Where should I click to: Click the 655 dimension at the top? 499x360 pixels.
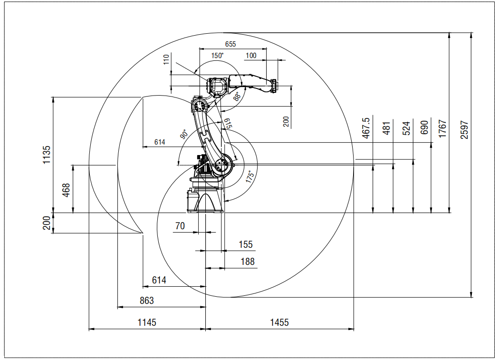(230, 44)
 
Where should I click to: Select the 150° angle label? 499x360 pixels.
(217, 55)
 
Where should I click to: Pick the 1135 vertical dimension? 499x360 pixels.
(47, 155)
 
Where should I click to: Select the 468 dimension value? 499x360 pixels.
(66, 191)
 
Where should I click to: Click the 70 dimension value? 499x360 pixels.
(180, 226)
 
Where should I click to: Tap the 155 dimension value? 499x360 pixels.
(246, 244)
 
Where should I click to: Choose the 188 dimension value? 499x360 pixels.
(247, 262)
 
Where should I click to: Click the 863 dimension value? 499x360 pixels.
(147, 301)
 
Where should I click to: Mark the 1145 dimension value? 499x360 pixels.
(147, 322)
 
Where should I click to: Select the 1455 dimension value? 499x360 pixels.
(279, 322)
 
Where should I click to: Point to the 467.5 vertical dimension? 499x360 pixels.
(366, 129)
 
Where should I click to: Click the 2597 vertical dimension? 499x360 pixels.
(465, 129)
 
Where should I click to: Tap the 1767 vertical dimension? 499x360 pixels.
(442, 129)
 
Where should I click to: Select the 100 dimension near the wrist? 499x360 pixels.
(251, 56)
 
